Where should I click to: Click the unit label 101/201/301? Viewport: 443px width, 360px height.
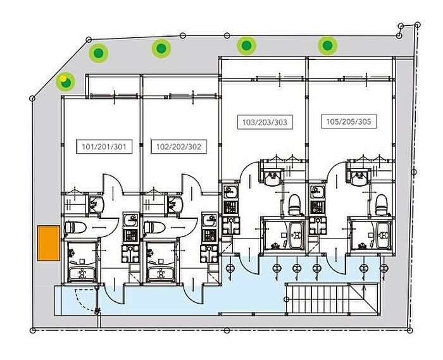(x=104, y=147)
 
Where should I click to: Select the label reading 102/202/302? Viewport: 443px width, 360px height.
(x=178, y=147)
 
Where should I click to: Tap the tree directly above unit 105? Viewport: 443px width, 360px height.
(x=327, y=45)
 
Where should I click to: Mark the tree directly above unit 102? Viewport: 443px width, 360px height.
(x=161, y=48)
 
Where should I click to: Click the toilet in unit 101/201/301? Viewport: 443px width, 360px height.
(x=76, y=227)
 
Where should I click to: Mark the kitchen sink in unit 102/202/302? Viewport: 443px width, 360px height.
(x=209, y=221)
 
